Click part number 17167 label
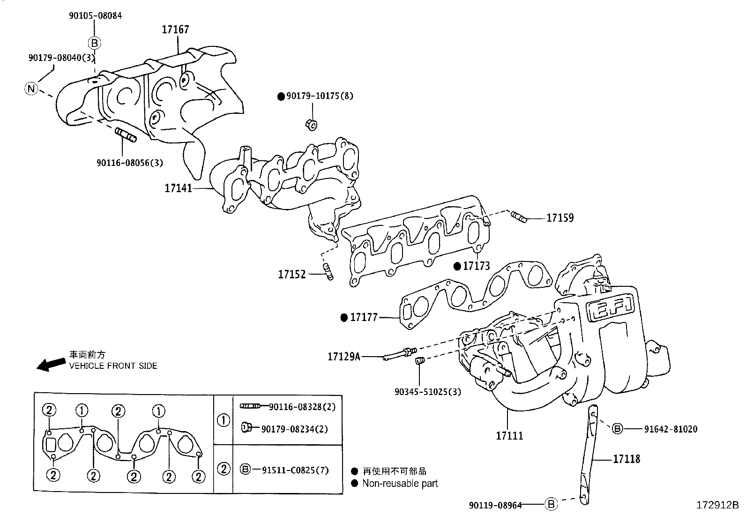click(175, 30)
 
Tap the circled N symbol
click(30, 88)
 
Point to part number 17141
click(178, 188)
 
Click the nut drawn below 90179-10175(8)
click(311, 124)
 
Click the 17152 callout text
click(291, 275)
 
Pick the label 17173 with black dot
click(476, 266)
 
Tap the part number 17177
click(364, 318)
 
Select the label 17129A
click(343, 357)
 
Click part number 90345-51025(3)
click(427, 391)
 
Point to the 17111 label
click(509, 435)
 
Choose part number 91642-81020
click(670, 429)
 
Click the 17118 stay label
click(627, 459)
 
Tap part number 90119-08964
click(495, 505)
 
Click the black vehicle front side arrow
click(51, 365)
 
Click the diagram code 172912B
click(716, 506)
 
